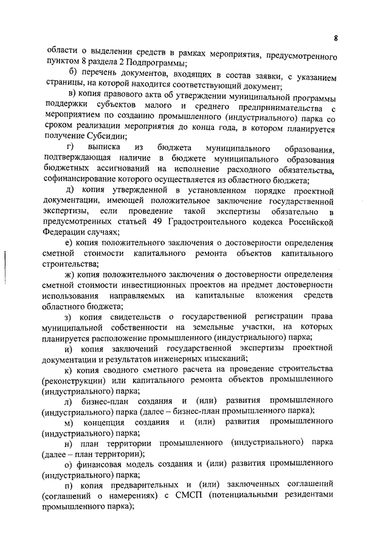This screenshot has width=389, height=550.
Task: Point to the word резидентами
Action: click(x=310, y=497)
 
